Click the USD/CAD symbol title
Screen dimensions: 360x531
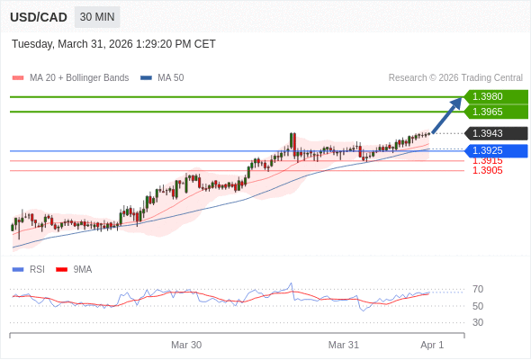click(39, 17)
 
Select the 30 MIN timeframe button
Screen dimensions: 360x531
click(97, 17)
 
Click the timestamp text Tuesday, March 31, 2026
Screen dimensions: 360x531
click(113, 44)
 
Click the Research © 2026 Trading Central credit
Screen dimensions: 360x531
click(455, 77)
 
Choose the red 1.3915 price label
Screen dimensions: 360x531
click(487, 160)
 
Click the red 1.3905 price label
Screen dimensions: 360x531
click(487, 170)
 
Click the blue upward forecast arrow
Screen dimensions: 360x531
click(447, 115)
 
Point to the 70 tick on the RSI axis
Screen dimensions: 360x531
click(478, 289)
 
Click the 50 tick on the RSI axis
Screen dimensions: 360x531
click(478, 306)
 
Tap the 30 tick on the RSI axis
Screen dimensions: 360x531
click(478, 322)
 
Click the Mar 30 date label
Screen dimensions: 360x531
click(186, 345)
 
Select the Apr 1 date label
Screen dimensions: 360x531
click(432, 345)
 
